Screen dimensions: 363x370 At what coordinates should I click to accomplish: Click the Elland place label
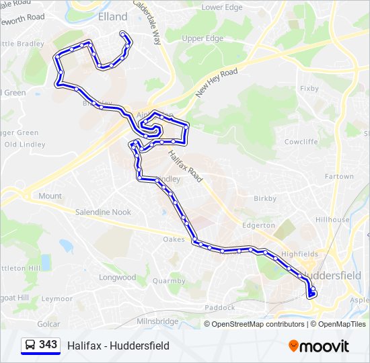pos(112,16)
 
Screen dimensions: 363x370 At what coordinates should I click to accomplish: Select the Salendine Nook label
pos(103,212)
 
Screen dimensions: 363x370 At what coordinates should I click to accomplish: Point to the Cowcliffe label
pos(301,142)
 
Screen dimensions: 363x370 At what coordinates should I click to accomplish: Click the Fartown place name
pos(339,177)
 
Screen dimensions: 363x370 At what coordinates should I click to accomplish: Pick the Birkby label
pos(265,198)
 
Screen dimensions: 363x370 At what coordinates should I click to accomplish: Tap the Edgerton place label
pos(258,225)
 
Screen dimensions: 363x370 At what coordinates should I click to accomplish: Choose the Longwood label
pos(117,277)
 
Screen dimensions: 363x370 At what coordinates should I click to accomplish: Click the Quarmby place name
pos(169,281)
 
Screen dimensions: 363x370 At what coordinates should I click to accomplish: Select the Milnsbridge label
pos(157,321)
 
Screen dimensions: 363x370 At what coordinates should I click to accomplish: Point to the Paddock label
pos(220,307)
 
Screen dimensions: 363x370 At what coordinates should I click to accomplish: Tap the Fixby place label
pos(309,88)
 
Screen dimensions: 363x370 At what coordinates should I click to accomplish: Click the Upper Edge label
pos(202,38)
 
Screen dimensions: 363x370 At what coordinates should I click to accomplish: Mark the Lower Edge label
pos(222,7)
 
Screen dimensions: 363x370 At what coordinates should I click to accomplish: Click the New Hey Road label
pos(217,83)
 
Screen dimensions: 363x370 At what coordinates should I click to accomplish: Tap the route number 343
pos(48,345)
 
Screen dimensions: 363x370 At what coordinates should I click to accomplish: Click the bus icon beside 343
pos(30,346)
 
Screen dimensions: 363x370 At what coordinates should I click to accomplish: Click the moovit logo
pos(319,346)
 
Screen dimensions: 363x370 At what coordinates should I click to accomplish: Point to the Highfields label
pos(299,253)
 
